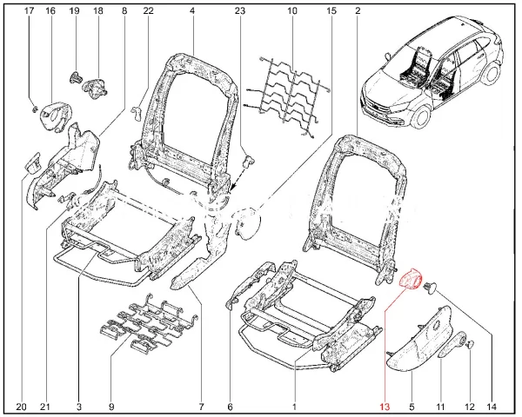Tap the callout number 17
click(x=29, y=11)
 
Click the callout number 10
click(x=292, y=11)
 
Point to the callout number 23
click(x=240, y=11)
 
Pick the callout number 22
click(x=148, y=11)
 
